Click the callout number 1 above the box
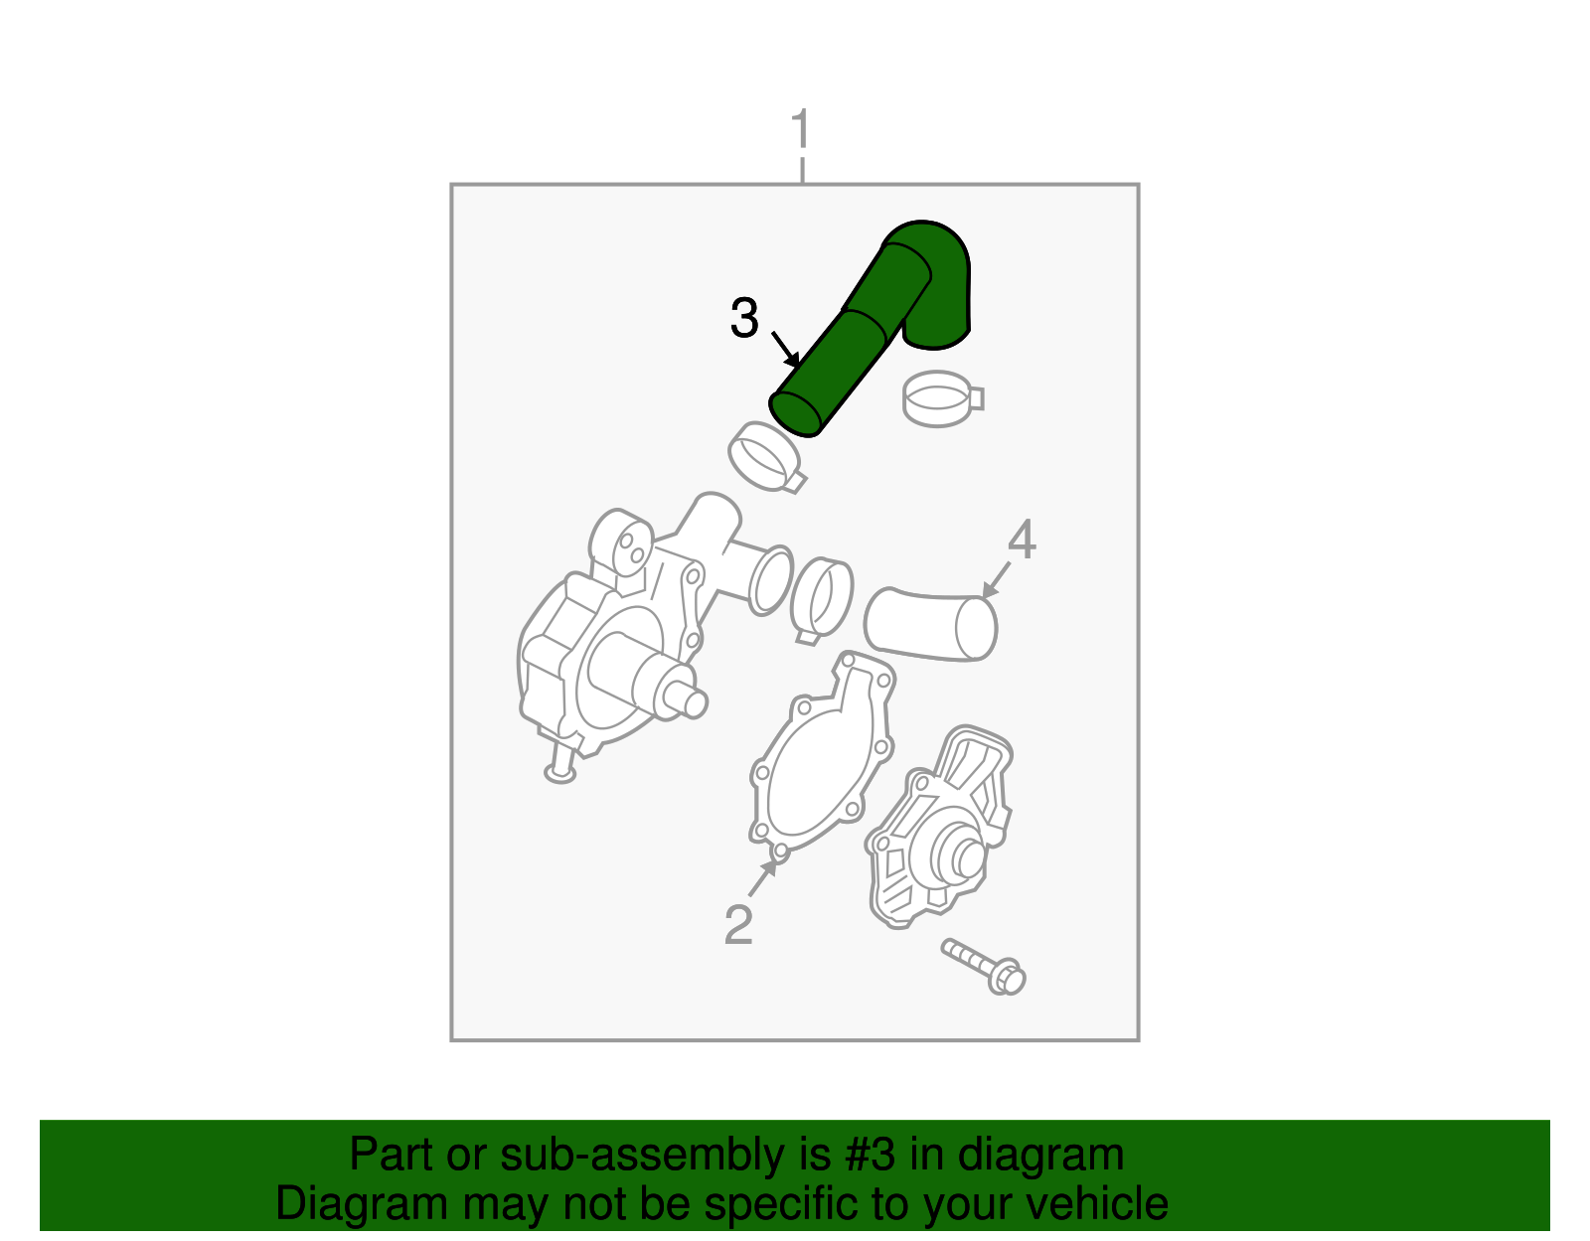[x=801, y=131]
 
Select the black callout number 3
[x=744, y=319]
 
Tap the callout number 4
[x=1022, y=540]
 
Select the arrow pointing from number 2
[x=763, y=877]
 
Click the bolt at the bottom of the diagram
[x=984, y=966]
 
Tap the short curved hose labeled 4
[x=929, y=624]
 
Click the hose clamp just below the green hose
[x=766, y=457]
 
